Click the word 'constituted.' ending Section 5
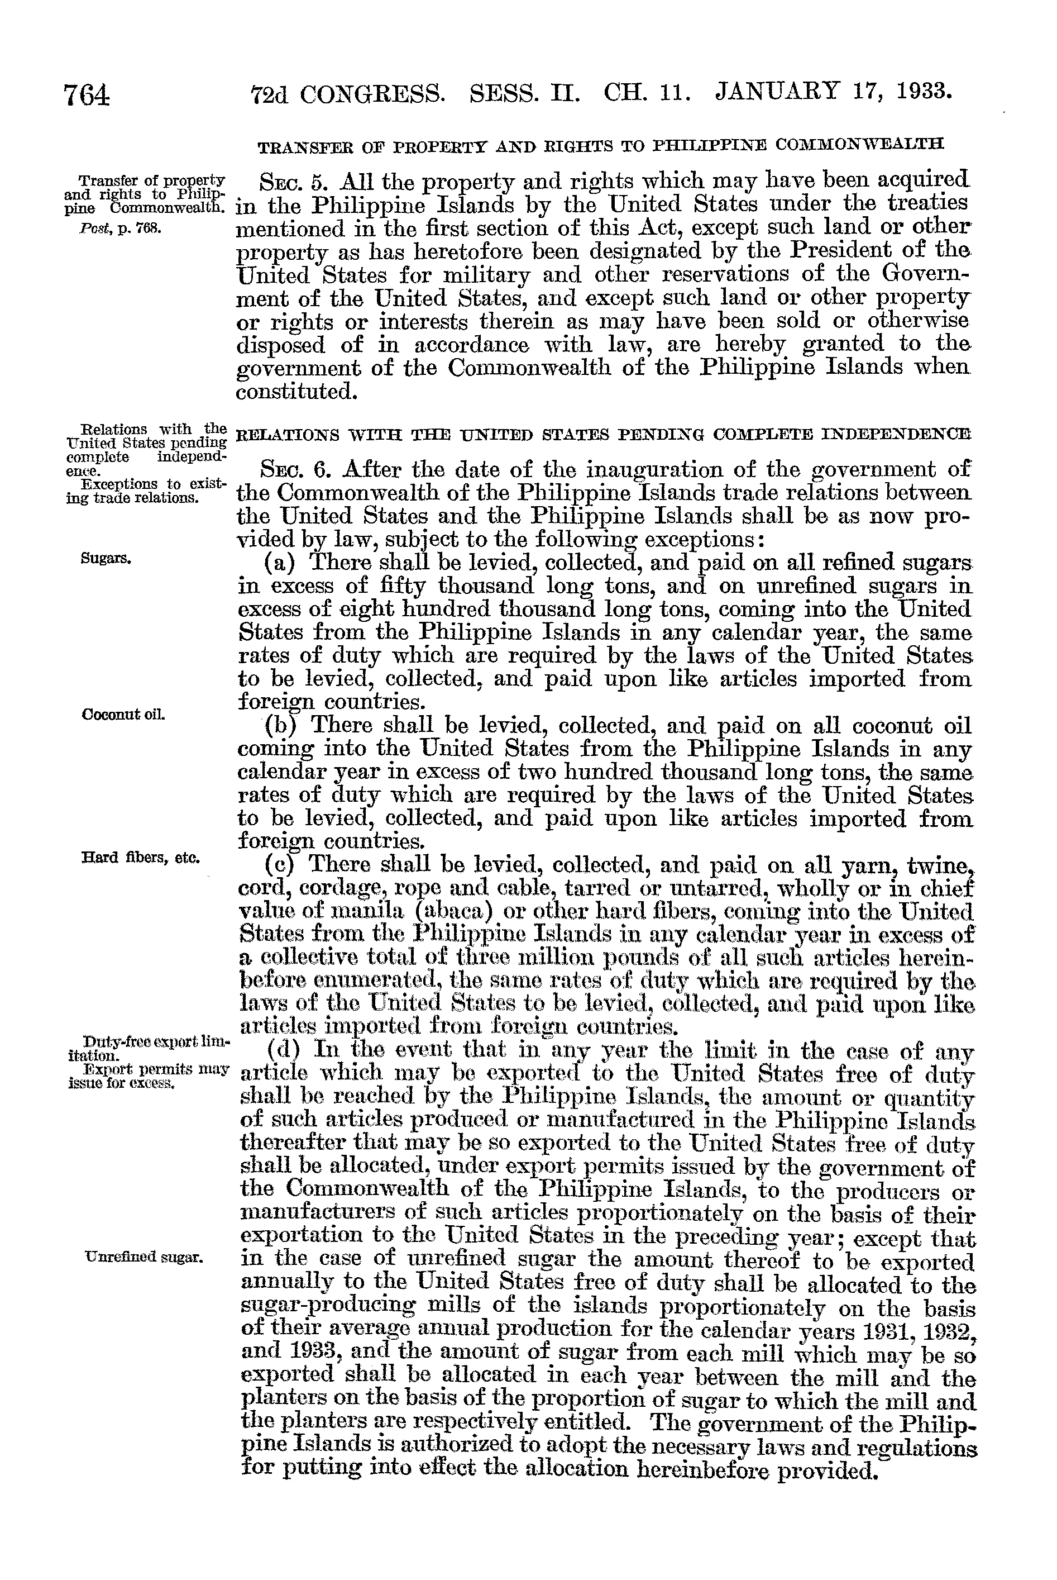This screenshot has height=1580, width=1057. (295, 391)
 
